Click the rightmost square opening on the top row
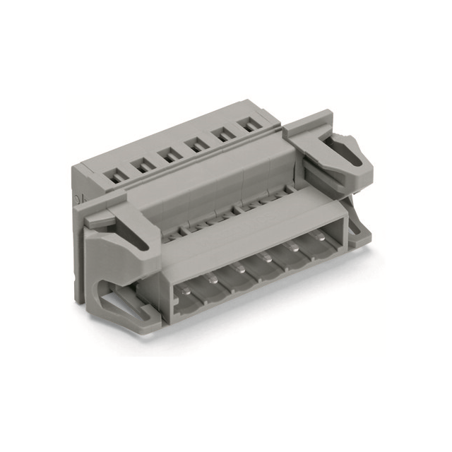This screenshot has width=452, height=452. [249, 127]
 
